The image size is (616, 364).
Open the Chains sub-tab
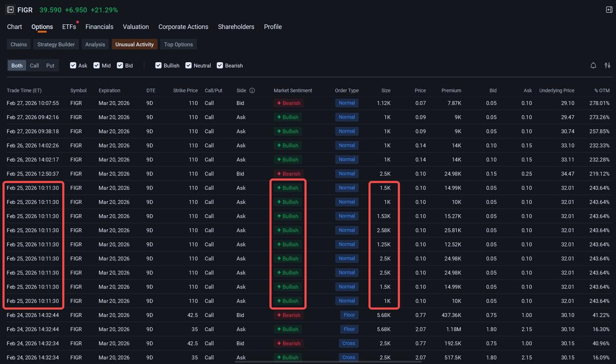pos(18,44)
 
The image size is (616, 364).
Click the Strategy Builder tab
pos(56,44)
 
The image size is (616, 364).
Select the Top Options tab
pos(178,44)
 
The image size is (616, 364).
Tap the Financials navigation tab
pos(99,26)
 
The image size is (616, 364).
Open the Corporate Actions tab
pos(183,26)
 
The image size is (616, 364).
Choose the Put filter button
pos(50,65)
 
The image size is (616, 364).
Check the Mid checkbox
pos(96,65)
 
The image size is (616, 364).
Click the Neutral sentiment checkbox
pos(188,65)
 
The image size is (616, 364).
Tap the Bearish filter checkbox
pos(220,65)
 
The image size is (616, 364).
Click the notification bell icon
pos(593,65)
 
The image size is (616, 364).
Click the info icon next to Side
pos(252,91)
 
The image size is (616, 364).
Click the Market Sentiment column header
pos(293,91)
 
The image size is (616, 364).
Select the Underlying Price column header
pos(557,91)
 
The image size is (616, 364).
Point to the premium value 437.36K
pos(451,315)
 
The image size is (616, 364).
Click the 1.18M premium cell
pos(453,329)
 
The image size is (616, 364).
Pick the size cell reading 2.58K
pos(384,230)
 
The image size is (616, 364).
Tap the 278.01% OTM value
pos(599,103)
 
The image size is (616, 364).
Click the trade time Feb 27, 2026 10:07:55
pos(33,103)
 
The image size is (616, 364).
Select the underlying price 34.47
pos(567,174)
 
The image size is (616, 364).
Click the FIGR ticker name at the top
pos(25,10)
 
